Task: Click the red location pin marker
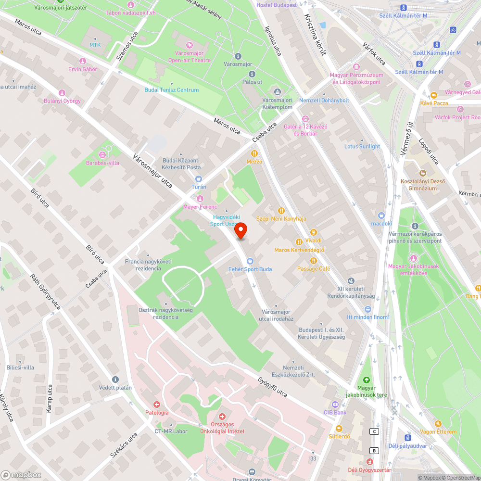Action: [240, 231]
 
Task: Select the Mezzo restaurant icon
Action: [251, 153]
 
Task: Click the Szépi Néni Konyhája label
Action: [281, 218]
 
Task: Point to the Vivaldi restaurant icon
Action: [313, 232]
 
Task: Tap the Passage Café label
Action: [314, 269]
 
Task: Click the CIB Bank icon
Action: [335, 404]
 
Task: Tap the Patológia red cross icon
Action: [157, 405]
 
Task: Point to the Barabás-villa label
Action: [102, 163]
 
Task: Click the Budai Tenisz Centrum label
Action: [171, 90]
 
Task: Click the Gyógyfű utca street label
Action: [273, 387]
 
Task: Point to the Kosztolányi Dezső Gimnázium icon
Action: [422, 173]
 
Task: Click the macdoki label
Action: [382, 224]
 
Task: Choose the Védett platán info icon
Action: [115, 380]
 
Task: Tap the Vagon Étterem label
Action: [438, 431]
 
